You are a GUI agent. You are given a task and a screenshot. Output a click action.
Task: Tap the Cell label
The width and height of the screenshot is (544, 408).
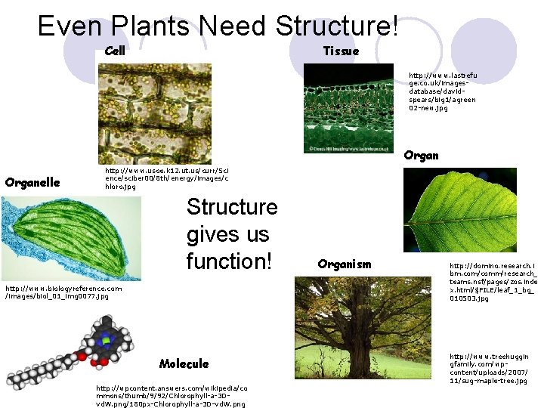click(x=115, y=51)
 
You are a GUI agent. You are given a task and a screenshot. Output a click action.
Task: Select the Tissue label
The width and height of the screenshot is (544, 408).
click(x=341, y=51)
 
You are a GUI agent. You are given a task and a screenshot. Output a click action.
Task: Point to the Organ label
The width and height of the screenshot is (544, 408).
click(x=421, y=156)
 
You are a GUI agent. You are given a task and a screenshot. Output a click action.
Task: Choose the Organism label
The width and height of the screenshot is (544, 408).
click(x=345, y=264)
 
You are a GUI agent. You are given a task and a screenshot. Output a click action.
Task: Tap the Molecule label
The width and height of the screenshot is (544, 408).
click(x=184, y=363)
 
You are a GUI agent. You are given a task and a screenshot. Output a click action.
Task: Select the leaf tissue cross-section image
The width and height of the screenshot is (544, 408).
click(x=352, y=107)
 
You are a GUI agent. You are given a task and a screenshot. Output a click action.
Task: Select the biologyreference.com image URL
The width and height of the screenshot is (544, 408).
click(x=63, y=292)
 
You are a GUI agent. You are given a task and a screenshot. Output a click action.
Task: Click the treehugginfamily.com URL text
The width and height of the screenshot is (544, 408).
click(x=489, y=369)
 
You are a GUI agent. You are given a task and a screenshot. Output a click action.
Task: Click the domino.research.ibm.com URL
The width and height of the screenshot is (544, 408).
click(x=493, y=282)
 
